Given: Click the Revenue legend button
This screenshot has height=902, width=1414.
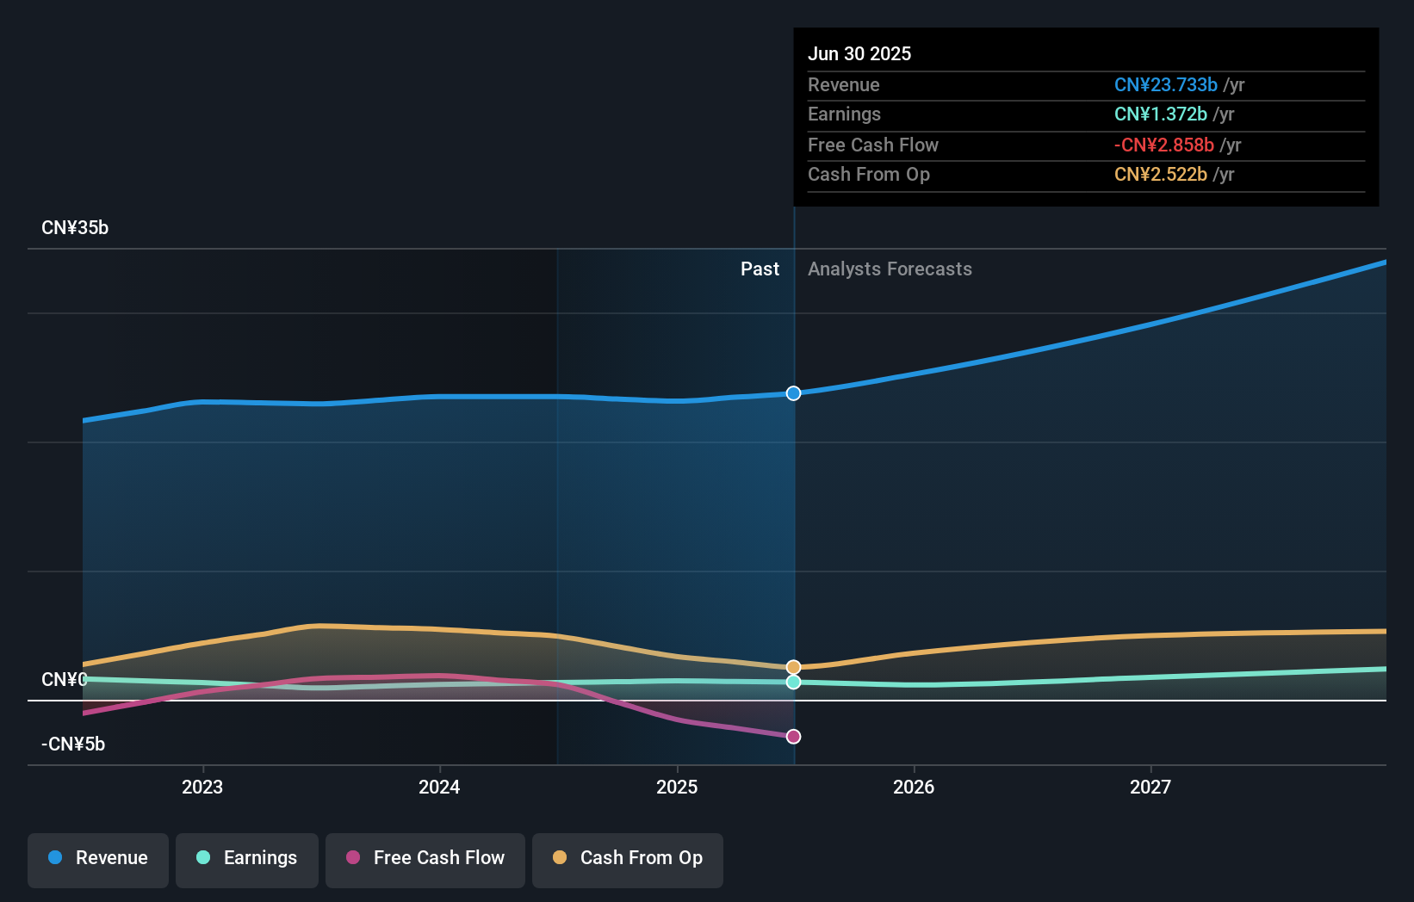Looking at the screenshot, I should [x=98, y=858].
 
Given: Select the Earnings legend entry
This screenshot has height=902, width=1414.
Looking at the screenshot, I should [x=247, y=858].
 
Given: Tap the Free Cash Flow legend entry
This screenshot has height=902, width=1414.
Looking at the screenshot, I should [x=425, y=858].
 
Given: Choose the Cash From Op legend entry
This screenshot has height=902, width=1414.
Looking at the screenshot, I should [x=628, y=858].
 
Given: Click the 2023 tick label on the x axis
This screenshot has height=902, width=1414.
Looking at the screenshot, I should [x=202, y=787].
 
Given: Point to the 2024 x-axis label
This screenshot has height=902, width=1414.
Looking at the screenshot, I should [x=439, y=787].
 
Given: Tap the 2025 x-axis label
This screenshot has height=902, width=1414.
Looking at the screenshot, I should [x=677, y=787].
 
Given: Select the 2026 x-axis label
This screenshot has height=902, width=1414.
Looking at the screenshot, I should [x=914, y=787].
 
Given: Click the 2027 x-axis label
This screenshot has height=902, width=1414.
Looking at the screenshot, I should [x=1150, y=787].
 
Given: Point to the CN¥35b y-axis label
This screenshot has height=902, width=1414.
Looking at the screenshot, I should [x=75, y=228].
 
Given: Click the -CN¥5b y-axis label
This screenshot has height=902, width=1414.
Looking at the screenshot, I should [x=73, y=744].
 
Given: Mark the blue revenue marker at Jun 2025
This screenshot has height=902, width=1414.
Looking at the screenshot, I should [x=794, y=393].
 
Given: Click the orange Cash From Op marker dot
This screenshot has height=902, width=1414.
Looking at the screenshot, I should [x=794, y=667].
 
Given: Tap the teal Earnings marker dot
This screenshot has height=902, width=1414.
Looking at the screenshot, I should [x=794, y=682].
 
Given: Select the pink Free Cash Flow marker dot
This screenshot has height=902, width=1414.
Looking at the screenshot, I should [x=794, y=737].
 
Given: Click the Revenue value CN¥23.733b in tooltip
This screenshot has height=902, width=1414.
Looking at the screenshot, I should [x=1165, y=85].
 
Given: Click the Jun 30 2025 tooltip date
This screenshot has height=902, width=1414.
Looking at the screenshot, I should [x=859, y=53].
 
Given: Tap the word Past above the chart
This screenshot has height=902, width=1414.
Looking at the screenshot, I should [x=760, y=269].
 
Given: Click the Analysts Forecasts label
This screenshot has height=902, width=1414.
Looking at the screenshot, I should [x=890, y=269].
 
